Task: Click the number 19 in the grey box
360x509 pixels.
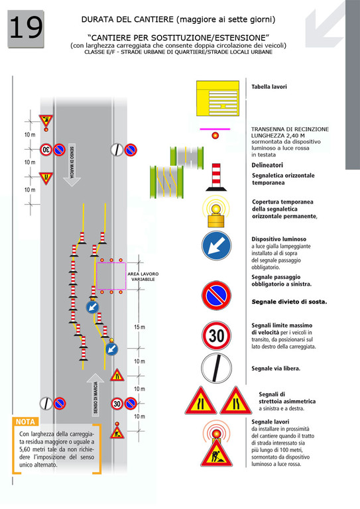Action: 26,28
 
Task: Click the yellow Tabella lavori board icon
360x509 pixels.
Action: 218,98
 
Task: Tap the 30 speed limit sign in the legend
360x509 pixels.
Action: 217,335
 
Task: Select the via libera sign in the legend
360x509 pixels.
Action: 217,368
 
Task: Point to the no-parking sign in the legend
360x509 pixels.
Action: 217,296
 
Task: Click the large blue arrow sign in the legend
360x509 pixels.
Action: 217,246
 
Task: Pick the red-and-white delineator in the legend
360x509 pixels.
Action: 216,177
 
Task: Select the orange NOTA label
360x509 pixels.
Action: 25,422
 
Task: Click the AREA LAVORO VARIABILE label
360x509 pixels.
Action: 143,276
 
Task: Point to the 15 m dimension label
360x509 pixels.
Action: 140,327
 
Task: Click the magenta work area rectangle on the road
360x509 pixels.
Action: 111,276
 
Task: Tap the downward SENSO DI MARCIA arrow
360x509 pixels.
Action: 72,165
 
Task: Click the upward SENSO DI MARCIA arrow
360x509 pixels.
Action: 95,394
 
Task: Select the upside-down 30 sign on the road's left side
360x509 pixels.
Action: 46,150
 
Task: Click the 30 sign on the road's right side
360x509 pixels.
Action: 117,404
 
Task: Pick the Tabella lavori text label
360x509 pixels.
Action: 269,87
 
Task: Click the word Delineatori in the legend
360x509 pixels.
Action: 267,165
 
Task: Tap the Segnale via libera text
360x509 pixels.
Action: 276,368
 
